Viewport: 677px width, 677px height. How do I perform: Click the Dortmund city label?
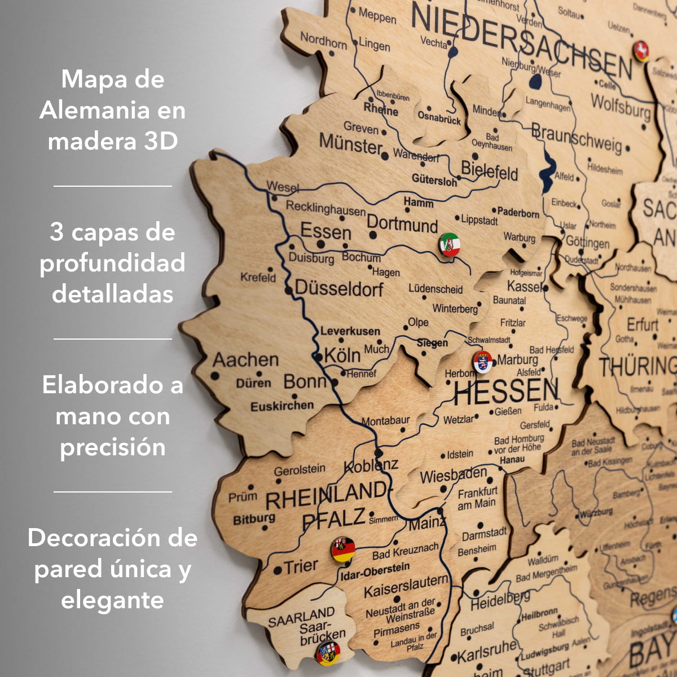pyautogui.click(x=402, y=223)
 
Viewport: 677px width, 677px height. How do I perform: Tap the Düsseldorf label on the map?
pyautogui.click(x=339, y=288)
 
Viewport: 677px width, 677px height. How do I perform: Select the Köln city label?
pyautogui.click(x=342, y=355)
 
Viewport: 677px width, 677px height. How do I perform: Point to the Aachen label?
pyautogui.click(x=245, y=360)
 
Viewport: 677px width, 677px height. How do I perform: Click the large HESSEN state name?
pyautogui.click(x=505, y=391)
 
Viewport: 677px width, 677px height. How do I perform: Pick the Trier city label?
pyautogui.click(x=301, y=566)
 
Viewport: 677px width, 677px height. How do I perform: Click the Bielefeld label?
pyautogui.click(x=489, y=170)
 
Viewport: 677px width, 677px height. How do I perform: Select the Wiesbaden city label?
pyautogui.click(x=453, y=475)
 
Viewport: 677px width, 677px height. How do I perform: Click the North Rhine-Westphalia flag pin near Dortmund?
pyautogui.click(x=450, y=244)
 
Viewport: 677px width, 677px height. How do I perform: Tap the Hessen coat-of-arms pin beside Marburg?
pyautogui.click(x=482, y=362)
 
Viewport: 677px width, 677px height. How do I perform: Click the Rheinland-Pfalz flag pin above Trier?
pyautogui.click(x=343, y=549)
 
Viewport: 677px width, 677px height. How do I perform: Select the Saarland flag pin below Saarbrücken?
pyautogui.click(x=328, y=653)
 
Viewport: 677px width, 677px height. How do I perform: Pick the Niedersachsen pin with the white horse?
pyautogui.click(x=641, y=51)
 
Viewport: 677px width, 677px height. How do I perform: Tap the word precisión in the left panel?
pyautogui.click(x=113, y=447)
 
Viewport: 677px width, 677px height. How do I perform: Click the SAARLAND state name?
pyautogui.click(x=301, y=617)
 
